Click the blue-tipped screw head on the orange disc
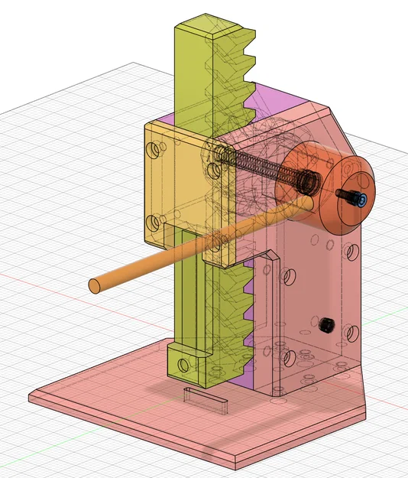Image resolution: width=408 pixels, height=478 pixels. (361, 200)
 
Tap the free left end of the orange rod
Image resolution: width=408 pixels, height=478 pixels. (95, 286)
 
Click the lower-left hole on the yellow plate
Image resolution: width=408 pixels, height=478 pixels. (157, 223)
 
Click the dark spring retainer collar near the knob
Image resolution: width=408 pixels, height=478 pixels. (309, 182)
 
